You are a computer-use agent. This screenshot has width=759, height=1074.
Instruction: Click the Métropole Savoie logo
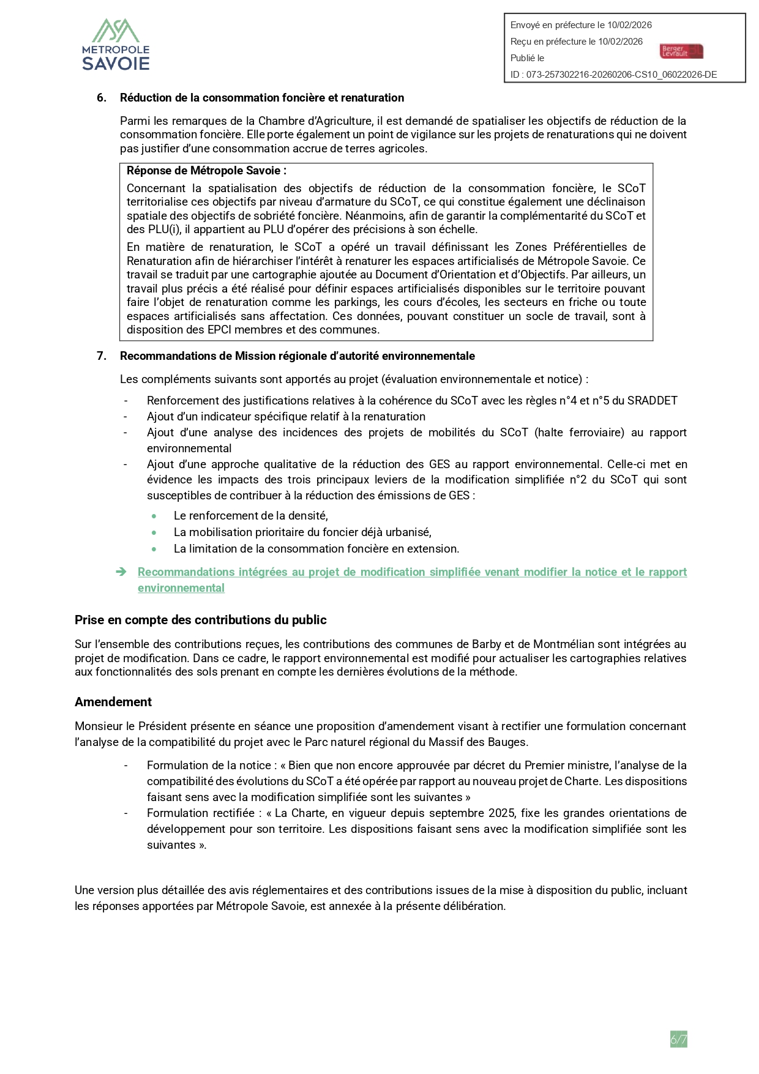pyautogui.click(x=116, y=45)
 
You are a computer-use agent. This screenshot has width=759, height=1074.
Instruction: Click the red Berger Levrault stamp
pyautogui.click(x=681, y=51)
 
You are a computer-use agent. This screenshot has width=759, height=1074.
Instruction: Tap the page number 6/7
pyautogui.click(x=678, y=1039)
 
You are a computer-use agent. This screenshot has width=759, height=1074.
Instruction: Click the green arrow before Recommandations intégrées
pyautogui.click(x=121, y=572)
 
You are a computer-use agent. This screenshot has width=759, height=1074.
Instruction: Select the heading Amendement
pyautogui.click(x=113, y=702)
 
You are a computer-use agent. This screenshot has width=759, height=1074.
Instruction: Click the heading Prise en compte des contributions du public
pyautogui.click(x=200, y=620)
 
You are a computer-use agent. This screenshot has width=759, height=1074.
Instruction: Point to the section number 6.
pyautogui.click(x=102, y=98)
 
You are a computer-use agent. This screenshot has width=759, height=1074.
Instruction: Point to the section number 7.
pyautogui.click(x=102, y=356)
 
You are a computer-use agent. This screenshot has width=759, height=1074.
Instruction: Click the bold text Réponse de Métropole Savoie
pyautogui.click(x=206, y=171)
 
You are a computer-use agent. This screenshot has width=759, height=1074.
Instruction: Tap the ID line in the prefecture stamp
pyautogui.click(x=613, y=75)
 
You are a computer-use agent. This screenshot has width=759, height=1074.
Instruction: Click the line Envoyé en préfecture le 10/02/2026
pyautogui.click(x=581, y=25)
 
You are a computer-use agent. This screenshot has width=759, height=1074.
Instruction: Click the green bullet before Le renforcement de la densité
pyautogui.click(x=154, y=516)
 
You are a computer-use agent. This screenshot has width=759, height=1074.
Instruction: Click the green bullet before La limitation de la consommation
pyautogui.click(x=154, y=549)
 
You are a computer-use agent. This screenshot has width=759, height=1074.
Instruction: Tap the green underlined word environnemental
pyautogui.click(x=181, y=588)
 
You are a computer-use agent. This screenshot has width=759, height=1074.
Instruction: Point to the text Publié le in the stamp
pyautogui.click(x=527, y=58)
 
